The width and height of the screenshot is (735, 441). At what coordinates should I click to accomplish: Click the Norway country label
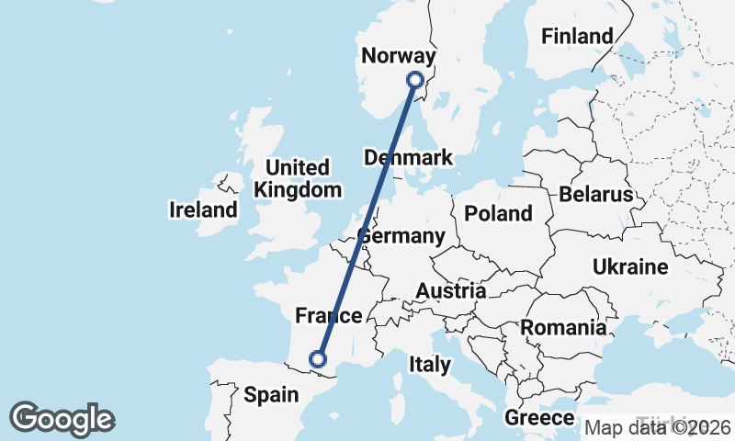tap(398, 56)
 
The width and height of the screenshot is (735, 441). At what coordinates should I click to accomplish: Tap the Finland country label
tap(577, 37)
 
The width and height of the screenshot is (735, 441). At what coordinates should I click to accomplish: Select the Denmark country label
tap(408, 157)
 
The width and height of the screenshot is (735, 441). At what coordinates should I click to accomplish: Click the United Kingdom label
tap(297, 179)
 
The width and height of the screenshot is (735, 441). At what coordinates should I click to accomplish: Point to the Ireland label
tap(203, 209)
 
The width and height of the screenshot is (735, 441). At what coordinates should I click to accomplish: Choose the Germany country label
tap(401, 236)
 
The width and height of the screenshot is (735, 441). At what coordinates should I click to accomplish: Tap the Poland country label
tap(498, 213)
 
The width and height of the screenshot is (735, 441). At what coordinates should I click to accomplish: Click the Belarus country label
tap(595, 195)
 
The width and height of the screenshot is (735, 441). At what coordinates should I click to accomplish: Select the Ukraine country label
tap(629, 267)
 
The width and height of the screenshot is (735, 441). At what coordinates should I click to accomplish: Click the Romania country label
tap(563, 327)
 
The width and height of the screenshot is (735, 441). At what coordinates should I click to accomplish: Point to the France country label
tap(328, 317)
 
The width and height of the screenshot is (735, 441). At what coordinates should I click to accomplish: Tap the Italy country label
tap(430, 365)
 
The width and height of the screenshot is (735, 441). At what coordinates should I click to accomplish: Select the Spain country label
tap(272, 395)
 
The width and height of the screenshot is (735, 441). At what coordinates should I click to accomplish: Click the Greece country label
tap(539, 418)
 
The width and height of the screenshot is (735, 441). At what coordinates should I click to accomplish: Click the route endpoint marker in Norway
tap(415, 80)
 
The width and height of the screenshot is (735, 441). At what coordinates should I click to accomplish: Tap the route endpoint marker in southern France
tap(319, 358)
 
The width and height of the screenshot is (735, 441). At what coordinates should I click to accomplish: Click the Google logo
tap(62, 419)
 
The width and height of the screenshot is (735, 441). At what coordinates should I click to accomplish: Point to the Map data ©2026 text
tap(657, 427)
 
